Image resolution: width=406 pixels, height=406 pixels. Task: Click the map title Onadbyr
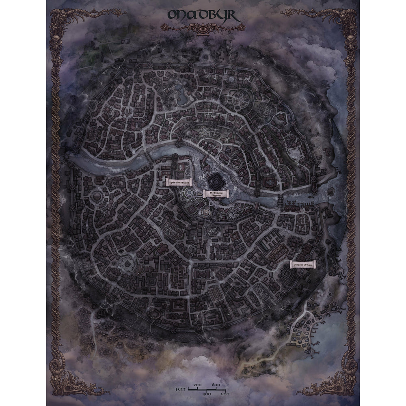205,15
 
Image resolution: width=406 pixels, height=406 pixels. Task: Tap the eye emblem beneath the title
203,28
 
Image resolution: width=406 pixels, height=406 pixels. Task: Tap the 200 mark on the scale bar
198,384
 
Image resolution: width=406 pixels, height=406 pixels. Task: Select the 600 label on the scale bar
216,384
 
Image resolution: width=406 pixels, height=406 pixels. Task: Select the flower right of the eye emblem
242,27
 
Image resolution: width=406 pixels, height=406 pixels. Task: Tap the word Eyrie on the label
173,182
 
